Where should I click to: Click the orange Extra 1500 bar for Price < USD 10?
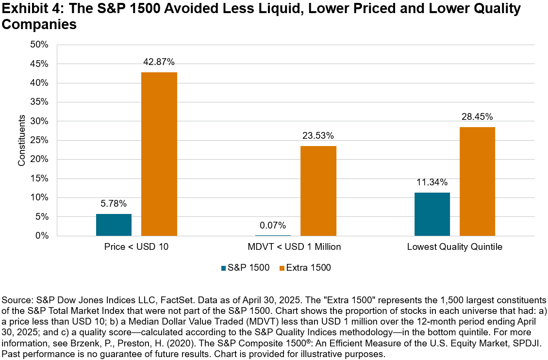159,154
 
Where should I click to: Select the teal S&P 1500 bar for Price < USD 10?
114,225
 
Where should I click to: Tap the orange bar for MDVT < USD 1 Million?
318,191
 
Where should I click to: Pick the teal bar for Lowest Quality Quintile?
432,214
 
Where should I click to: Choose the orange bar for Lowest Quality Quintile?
477,181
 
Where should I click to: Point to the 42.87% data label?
159,62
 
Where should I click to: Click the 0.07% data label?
273,226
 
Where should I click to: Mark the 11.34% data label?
432,182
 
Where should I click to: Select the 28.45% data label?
477,117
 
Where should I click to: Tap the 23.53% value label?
318,136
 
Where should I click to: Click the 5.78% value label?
114,204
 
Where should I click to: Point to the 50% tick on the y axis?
40,45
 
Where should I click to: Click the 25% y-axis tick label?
40,140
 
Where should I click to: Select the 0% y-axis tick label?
42,236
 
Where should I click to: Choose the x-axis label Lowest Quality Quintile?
454,247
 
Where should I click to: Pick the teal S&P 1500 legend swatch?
223,267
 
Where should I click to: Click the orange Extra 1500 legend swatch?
282,267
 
